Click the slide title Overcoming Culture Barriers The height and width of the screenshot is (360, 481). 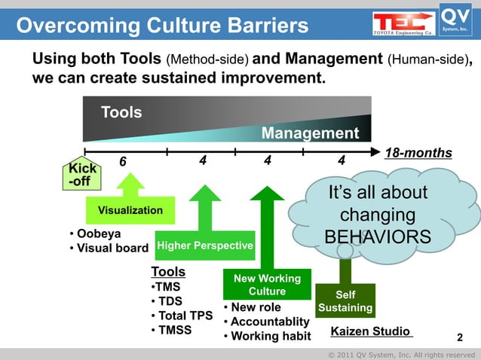(162, 26)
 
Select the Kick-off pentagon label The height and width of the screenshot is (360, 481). (82, 175)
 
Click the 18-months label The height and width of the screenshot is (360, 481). (418, 153)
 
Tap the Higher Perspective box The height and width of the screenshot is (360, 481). (204, 246)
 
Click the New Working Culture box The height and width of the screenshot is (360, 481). (267, 285)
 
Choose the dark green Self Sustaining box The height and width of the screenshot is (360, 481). (345, 301)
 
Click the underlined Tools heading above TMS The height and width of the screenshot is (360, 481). (168, 271)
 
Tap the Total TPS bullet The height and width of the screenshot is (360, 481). (182, 316)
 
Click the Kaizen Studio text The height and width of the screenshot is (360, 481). (371, 331)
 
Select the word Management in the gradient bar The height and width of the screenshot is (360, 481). (310, 133)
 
